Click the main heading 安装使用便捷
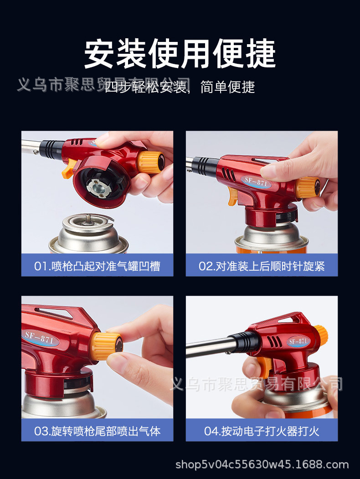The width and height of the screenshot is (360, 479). coord(180,54)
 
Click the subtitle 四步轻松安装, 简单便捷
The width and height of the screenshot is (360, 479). coord(180,87)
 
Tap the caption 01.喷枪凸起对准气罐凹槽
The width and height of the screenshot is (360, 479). coord(97,266)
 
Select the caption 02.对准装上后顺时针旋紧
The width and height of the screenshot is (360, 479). coord(262,266)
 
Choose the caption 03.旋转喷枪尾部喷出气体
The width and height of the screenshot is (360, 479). coord(97,431)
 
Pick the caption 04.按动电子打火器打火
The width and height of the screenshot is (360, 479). coord(262,431)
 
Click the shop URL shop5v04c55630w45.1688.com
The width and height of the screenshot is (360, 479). coord(262,465)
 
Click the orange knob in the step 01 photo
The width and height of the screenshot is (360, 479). coord(151,162)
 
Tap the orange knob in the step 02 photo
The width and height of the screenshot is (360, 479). coord(308,187)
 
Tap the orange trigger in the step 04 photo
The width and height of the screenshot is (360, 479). coord(264,366)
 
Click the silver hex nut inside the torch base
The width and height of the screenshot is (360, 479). coord(97,186)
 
